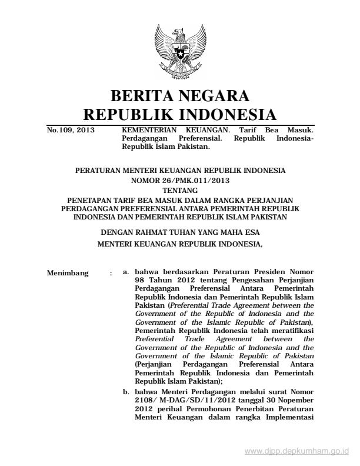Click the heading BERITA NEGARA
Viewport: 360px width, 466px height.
(x=180, y=95)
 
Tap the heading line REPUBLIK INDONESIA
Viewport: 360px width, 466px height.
(x=180, y=114)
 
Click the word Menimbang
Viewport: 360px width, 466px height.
(x=66, y=273)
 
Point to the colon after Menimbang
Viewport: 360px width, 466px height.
(x=111, y=273)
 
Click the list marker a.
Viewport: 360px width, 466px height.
(x=126, y=273)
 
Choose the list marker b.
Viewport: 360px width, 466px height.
(x=126, y=390)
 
